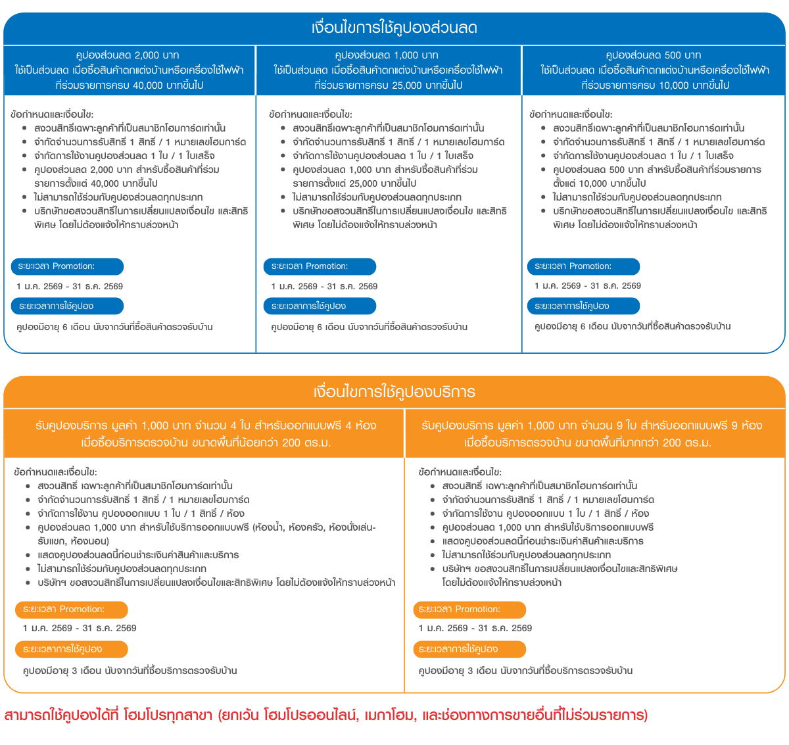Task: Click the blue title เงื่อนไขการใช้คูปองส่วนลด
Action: pos(394,28)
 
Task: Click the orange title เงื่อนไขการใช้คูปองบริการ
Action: pos(394,393)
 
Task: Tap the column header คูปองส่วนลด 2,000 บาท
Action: pos(128,55)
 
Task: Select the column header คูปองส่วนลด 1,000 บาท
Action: pos(387,55)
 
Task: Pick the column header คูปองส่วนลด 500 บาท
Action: pos(653,55)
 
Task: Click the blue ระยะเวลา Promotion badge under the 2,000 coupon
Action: pos(66,266)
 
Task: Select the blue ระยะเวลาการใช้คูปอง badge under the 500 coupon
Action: pos(583,306)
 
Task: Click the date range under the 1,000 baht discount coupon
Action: pos(324,287)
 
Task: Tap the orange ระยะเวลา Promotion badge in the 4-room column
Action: pos(71,610)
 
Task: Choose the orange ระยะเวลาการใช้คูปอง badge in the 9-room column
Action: pos(469,650)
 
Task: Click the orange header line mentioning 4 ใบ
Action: pos(206,426)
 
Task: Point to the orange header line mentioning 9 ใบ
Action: pos(592,426)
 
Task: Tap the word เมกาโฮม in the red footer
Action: pos(388,715)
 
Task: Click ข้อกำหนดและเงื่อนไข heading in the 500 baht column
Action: pos(570,114)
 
